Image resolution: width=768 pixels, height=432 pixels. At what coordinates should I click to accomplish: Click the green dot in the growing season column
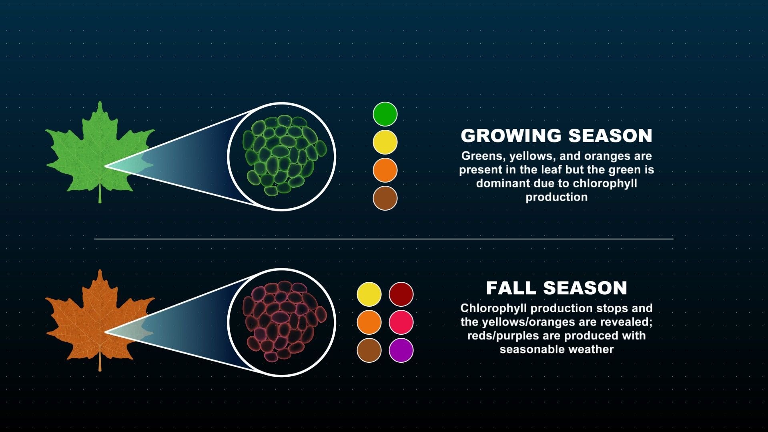(385, 114)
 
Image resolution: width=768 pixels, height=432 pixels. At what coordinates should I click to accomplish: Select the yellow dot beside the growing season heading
(385, 142)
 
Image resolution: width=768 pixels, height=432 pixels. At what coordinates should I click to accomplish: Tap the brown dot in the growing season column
(385, 198)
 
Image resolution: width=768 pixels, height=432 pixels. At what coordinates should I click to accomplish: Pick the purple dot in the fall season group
(401, 350)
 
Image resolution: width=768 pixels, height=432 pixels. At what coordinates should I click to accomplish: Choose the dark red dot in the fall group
(401, 294)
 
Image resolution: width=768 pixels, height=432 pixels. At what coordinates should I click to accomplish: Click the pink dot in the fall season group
(401, 322)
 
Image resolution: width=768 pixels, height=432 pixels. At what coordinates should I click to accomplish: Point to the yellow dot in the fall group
(369, 294)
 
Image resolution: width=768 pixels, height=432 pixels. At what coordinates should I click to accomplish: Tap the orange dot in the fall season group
(369, 322)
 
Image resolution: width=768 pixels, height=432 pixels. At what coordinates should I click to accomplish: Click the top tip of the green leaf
(100, 103)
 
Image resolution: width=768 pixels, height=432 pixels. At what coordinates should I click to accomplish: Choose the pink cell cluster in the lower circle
(284, 321)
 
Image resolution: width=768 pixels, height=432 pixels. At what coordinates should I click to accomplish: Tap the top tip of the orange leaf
(100, 271)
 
